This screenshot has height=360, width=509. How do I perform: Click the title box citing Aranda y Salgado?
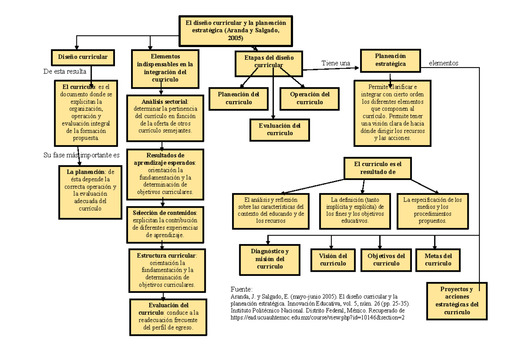pos(235,31)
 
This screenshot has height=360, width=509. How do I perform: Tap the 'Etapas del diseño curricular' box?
pos(268,61)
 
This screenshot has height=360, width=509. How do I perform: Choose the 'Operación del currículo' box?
pos(310,98)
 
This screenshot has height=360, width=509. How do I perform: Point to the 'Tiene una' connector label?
pos(336,63)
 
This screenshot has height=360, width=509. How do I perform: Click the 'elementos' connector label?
pos(444,63)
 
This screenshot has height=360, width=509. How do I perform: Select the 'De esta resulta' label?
pos(65,71)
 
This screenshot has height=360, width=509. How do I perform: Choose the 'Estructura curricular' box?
pos(167,270)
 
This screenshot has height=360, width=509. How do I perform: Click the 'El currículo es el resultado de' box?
pos(378,168)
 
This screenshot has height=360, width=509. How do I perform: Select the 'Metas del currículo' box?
pos(438,259)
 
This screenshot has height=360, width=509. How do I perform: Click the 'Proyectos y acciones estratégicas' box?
pos(457,301)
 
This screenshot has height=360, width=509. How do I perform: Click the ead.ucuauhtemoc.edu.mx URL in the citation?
pos(317,317)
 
